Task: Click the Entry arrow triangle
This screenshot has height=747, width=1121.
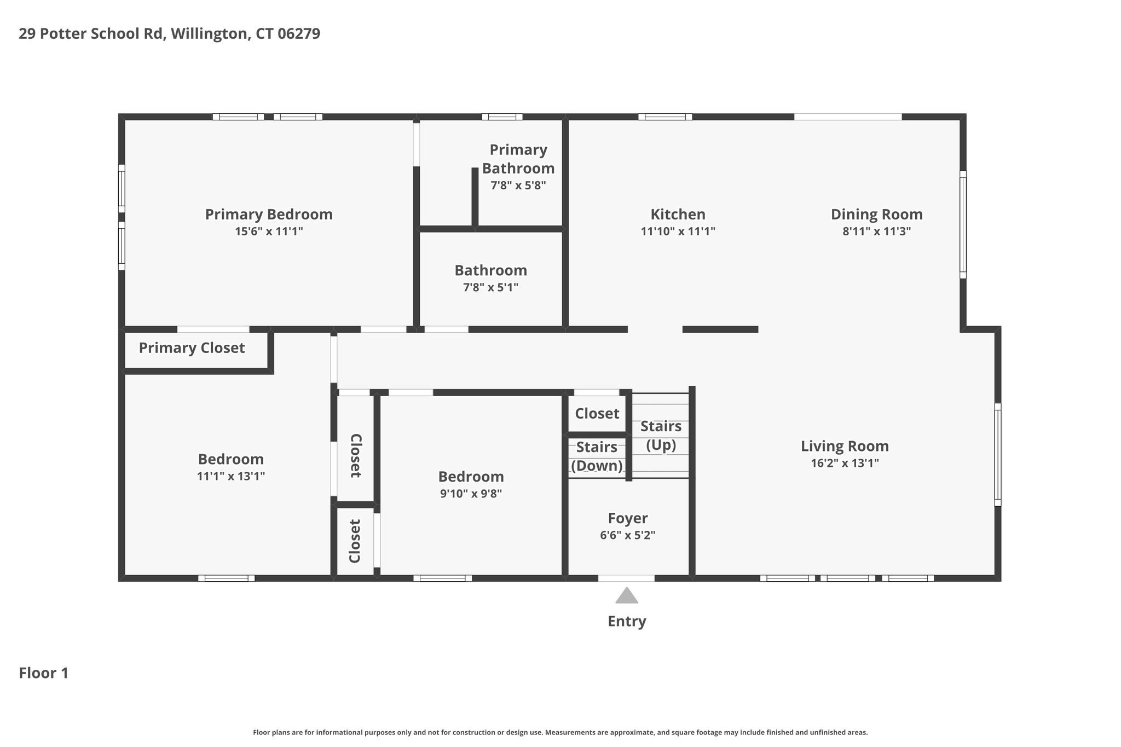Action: (x=627, y=595)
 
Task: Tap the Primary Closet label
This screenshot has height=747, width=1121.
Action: (x=192, y=348)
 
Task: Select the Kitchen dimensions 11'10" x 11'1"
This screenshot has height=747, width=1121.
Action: (x=678, y=231)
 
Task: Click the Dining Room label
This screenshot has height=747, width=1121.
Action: (x=876, y=215)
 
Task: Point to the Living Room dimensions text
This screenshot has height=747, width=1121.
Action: (x=845, y=464)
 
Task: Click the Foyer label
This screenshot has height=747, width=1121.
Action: (x=627, y=518)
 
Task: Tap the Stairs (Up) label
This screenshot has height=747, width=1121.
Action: (x=661, y=436)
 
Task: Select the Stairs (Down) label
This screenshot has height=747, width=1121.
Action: (x=597, y=456)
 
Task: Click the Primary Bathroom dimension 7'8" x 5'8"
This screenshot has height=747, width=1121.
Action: (x=518, y=186)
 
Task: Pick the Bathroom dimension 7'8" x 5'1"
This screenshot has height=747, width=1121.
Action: (x=490, y=287)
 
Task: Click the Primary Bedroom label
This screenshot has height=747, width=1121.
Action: (x=269, y=215)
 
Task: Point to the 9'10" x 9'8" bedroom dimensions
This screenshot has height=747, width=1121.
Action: (x=471, y=494)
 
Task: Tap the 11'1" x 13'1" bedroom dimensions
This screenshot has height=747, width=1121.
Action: (x=231, y=476)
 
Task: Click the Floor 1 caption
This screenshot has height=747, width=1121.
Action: (x=44, y=673)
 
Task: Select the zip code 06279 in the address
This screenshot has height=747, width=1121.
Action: (x=299, y=34)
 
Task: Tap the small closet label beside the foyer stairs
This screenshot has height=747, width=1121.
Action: (x=597, y=414)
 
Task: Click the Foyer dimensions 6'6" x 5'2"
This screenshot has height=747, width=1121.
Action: (x=627, y=535)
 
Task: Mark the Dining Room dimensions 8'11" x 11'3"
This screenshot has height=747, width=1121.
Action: (x=876, y=231)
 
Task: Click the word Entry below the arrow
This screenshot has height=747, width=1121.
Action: (x=627, y=622)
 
